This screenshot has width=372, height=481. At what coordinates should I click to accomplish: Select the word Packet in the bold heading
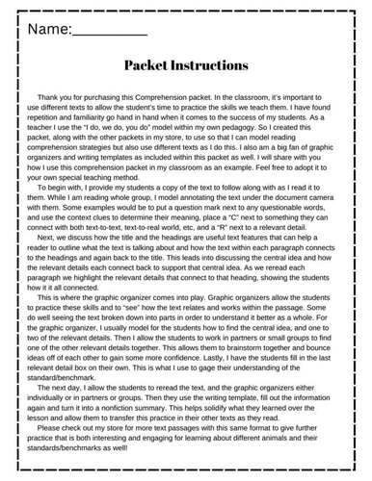pos(151,65)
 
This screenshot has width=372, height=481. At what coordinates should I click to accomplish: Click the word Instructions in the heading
pos(214,65)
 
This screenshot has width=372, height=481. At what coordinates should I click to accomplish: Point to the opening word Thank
pos(49,99)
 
